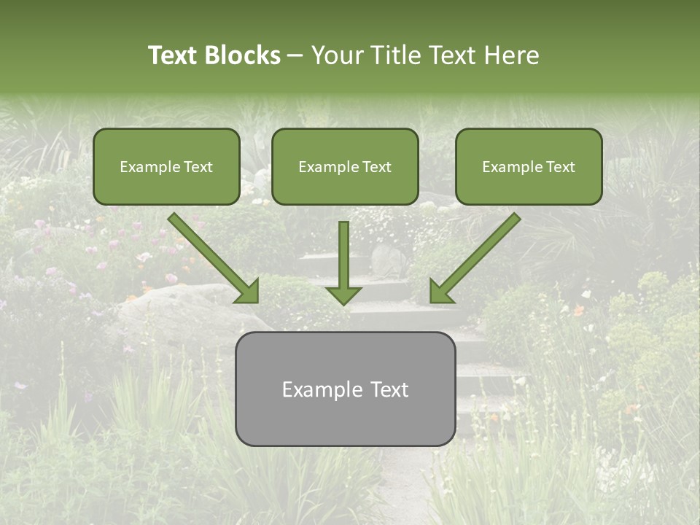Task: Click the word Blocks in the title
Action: click(x=243, y=55)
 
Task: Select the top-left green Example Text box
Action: click(x=166, y=166)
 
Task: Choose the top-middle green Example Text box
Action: click(x=345, y=166)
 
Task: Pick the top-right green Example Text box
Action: click(x=529, y=166)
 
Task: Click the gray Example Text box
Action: click(x=345, y=389)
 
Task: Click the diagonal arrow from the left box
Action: click(x=211, y=255)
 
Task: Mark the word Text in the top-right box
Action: click(x=560, y=167)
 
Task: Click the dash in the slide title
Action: click(x=295, y=56)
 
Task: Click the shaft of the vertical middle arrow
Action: click(x=343, y=252)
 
